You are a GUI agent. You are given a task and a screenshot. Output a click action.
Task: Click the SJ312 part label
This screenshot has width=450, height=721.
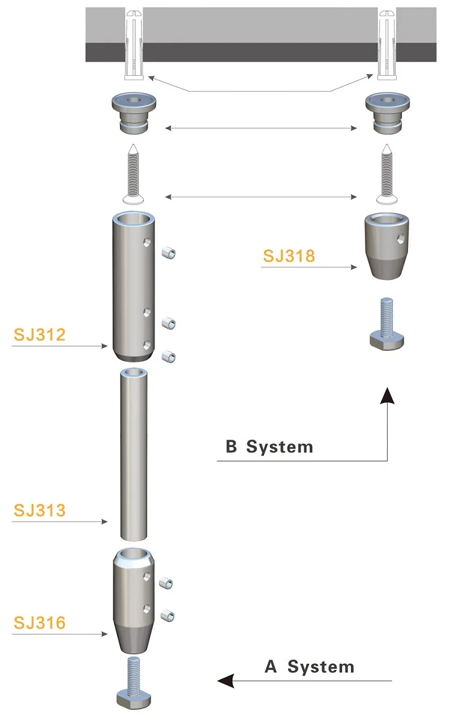click(x=39, y=335)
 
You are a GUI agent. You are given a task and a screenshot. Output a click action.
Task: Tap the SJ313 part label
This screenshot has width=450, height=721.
click(x=39, y=510)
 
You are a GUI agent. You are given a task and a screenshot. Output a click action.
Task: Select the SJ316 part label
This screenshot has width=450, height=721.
click(x=39, y=622)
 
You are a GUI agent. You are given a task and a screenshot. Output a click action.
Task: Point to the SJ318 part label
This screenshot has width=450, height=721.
click(x=289, y=255)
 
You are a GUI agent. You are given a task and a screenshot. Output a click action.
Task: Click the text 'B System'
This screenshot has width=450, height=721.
click(x=269, y=447)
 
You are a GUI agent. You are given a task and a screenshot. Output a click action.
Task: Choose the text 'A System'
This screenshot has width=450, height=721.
click(x=310, y=667)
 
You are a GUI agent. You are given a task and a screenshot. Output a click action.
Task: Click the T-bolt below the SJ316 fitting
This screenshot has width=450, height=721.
click(x=133, y=686)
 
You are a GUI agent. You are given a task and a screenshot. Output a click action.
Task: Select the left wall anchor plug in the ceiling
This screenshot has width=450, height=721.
click(x=134, y=45)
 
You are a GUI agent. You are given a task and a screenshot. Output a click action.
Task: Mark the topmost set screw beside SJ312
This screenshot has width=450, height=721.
click(x=169, y=254)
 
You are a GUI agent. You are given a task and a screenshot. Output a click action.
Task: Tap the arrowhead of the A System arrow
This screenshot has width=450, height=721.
click(x=226, y=681)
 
